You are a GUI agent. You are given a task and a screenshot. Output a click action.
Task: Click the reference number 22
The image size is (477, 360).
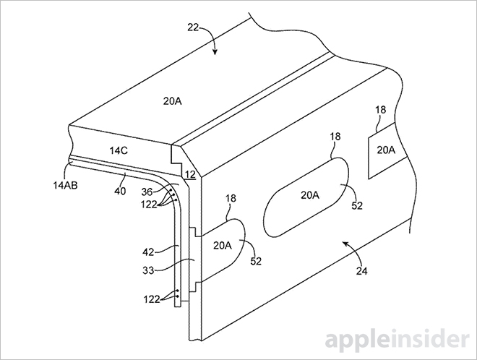point(193,27)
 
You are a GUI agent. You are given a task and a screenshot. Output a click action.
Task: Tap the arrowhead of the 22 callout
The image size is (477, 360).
point(215,52)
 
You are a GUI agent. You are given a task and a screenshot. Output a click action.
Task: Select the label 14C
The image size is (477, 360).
point(119,150)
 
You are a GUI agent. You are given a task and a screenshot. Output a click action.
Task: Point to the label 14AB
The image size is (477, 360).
point(65,185)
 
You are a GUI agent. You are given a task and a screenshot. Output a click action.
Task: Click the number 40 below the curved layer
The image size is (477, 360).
point(120,191)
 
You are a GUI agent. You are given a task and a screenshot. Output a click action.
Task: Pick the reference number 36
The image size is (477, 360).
point(147,192)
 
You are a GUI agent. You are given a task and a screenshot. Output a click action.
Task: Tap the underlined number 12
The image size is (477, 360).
point(190,175)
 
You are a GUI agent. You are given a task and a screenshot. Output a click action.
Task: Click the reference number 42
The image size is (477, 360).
point(148,252)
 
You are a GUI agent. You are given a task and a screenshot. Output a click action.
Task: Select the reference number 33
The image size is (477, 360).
point(148,270)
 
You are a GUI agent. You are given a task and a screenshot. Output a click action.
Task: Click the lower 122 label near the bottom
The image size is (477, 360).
point(152,300)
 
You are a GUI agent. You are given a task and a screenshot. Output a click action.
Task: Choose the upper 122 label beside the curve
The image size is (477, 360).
point(149,205)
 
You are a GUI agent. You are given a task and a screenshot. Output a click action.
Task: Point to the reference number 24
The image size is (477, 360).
point(361,271)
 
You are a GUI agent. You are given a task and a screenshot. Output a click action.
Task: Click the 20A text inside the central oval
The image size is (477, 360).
point(310,195)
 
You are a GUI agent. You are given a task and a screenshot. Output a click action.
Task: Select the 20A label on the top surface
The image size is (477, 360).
point(172,101)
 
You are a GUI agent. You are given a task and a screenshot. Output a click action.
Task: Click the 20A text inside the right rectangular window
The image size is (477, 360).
point(386,150)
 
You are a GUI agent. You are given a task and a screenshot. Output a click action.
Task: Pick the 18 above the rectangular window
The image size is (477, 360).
point(380,110)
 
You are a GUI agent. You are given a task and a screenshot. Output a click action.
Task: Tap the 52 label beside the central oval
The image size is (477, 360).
point(357,206)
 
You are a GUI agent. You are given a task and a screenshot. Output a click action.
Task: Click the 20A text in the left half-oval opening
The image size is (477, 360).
point(223,245)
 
